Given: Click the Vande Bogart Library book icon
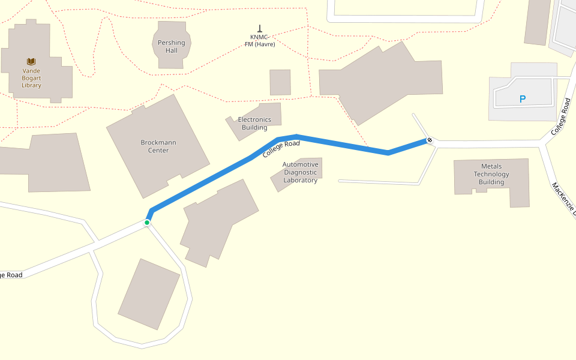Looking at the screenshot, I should pos(31,61).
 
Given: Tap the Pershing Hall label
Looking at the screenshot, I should pos(172,47).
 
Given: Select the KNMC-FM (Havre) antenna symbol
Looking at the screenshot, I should pos(260,28).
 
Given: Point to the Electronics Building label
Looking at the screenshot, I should pos(254,124).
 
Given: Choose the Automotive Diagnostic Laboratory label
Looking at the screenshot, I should pos(300,172).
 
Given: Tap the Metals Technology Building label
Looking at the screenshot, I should pos(491,174).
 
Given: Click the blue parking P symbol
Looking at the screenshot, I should pos(523,99).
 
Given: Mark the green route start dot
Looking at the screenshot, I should pos(147,223).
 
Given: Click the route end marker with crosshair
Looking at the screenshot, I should pos(429,140).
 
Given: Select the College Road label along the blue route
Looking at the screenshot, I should pos(281,149).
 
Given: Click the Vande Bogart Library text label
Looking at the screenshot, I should pos(31,78).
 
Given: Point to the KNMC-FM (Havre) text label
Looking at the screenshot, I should pos(260,40).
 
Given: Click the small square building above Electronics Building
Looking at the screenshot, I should pos(280,82).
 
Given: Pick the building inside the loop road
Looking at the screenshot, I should pos(149,294).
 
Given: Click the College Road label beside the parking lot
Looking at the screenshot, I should pos(560,116).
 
